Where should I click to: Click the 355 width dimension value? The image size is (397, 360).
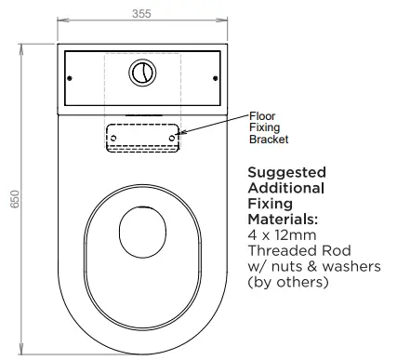[140, 13]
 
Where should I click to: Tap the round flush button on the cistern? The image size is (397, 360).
[141, 71]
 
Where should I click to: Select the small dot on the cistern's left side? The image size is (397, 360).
[68, 78]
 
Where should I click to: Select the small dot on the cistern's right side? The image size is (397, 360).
[215, 78]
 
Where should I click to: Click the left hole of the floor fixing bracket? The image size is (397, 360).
[113, 138]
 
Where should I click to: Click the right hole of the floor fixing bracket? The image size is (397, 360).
[172, 138]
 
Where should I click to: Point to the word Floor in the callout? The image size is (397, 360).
[262, 115]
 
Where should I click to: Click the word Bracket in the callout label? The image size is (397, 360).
[268, 140]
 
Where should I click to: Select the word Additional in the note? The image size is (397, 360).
[285, 188]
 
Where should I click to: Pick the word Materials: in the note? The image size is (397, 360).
[283, 219]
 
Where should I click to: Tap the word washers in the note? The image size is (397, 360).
[348, 267]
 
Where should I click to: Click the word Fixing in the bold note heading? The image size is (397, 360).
[270, 204]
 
